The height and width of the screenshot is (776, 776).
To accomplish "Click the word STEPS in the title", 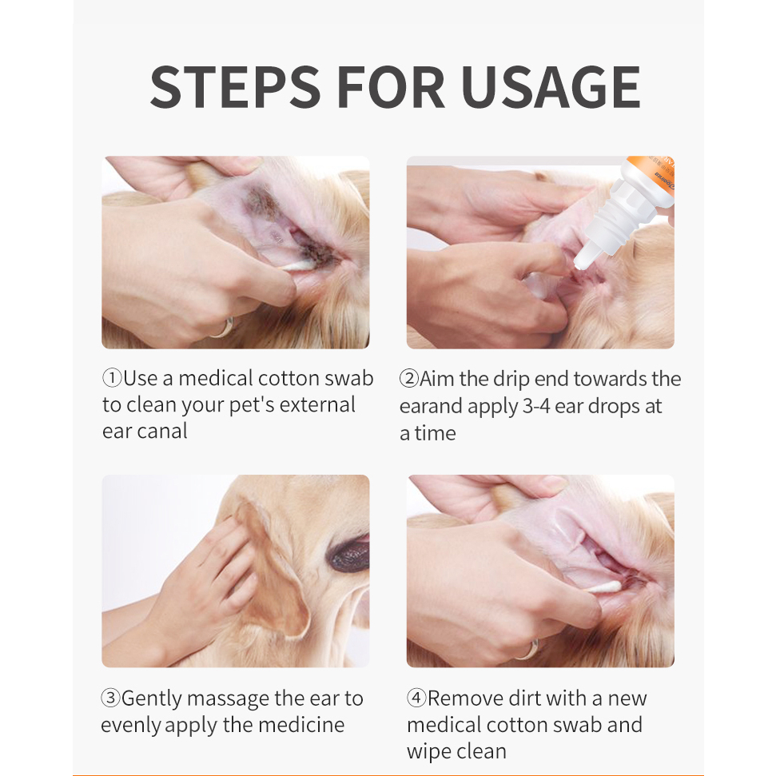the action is click(235, 86).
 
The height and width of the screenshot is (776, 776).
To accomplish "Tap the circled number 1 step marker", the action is click(112, 379).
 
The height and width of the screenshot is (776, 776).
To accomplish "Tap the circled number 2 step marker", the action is click(409, 379).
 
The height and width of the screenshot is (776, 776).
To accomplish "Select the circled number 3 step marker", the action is click(110, 698).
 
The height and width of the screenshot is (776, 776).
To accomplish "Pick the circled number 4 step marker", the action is click(416, 698).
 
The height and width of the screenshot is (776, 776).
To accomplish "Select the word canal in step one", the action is click(162, 431).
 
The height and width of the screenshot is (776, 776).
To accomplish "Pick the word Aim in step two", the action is click(437, 379).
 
